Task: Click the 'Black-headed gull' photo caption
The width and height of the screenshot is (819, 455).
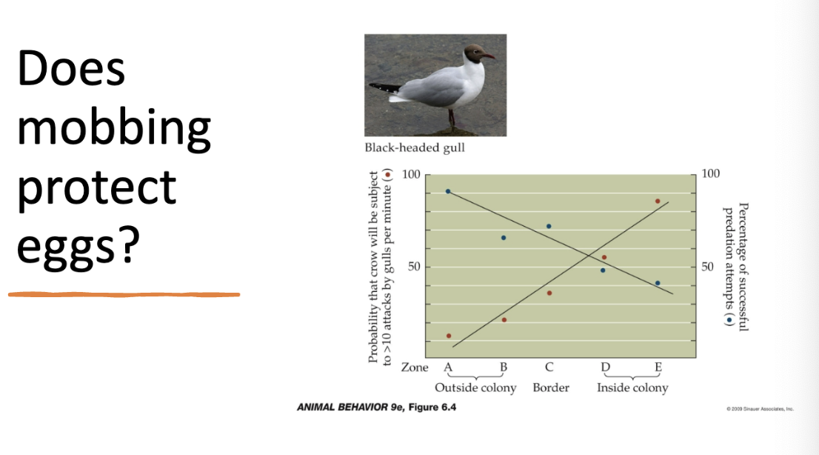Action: point(415,148)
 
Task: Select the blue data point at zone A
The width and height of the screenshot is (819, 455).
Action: point(448,191)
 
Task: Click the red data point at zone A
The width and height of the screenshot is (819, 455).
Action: point(449,336)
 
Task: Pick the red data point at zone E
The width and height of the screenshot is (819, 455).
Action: point(658,201)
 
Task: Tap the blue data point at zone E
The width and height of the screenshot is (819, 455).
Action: point(658,283)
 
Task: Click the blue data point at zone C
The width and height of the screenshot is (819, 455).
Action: point(549,226)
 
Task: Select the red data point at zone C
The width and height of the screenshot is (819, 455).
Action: point(549,293)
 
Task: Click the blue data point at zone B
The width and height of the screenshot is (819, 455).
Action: point(504,238)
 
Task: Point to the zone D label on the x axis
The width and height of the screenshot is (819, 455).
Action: point(605,367)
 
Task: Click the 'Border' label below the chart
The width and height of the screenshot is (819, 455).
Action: point(551,388)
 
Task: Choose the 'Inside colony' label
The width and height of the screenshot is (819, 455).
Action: point(632,388)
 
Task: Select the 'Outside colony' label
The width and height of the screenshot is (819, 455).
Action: point(475,388)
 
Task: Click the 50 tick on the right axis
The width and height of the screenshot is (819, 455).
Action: point(709,267)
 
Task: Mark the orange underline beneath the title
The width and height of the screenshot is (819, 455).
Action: point(124,294)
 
